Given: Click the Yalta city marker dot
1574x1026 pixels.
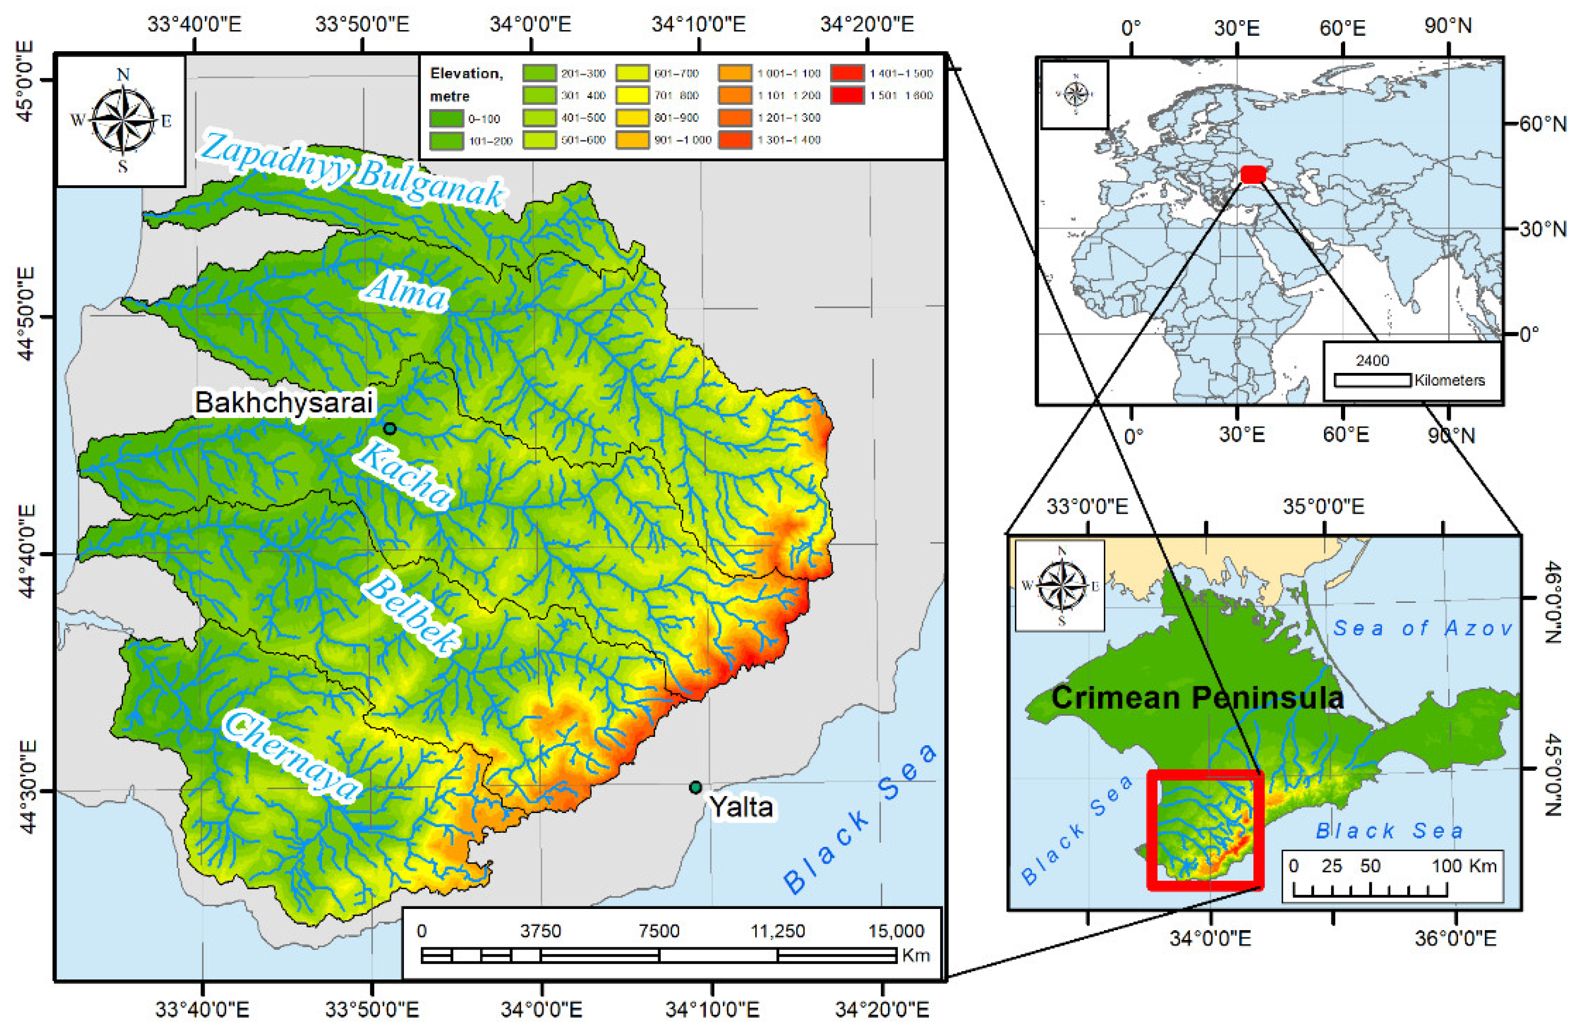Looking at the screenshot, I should [694, 787].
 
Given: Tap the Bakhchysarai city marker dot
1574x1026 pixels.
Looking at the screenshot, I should [389, 429].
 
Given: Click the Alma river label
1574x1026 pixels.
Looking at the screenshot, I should [405, 292].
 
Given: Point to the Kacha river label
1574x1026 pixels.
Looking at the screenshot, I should [403, 475].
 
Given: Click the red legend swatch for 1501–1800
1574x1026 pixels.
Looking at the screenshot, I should [847, 95].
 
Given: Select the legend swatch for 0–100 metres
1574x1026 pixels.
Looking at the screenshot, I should [446, 119].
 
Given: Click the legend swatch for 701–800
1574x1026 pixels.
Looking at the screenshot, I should [632, 95].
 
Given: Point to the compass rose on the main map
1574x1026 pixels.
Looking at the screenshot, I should [122, 120].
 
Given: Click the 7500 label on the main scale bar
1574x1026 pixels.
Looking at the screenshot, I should [659, 931].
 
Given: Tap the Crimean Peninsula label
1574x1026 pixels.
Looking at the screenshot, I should [1197, 698].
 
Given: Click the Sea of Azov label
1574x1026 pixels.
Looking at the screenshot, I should [1422, 628].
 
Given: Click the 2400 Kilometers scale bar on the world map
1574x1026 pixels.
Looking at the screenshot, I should [1372, 380].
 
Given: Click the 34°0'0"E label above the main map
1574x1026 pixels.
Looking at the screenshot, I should [530, 24].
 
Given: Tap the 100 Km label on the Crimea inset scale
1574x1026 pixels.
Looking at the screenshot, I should [1464, 866].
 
